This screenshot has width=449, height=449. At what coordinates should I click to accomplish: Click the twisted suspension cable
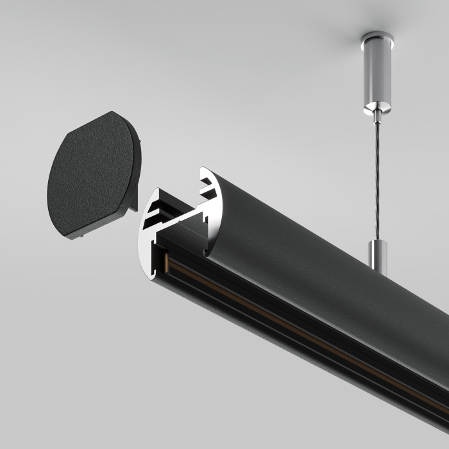point(377,180)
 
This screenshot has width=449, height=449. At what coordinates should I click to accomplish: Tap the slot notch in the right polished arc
point(209,189)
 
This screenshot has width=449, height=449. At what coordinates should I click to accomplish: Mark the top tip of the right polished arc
point(204,171)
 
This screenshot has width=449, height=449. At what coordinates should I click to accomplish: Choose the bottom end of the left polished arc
point(153,276)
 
